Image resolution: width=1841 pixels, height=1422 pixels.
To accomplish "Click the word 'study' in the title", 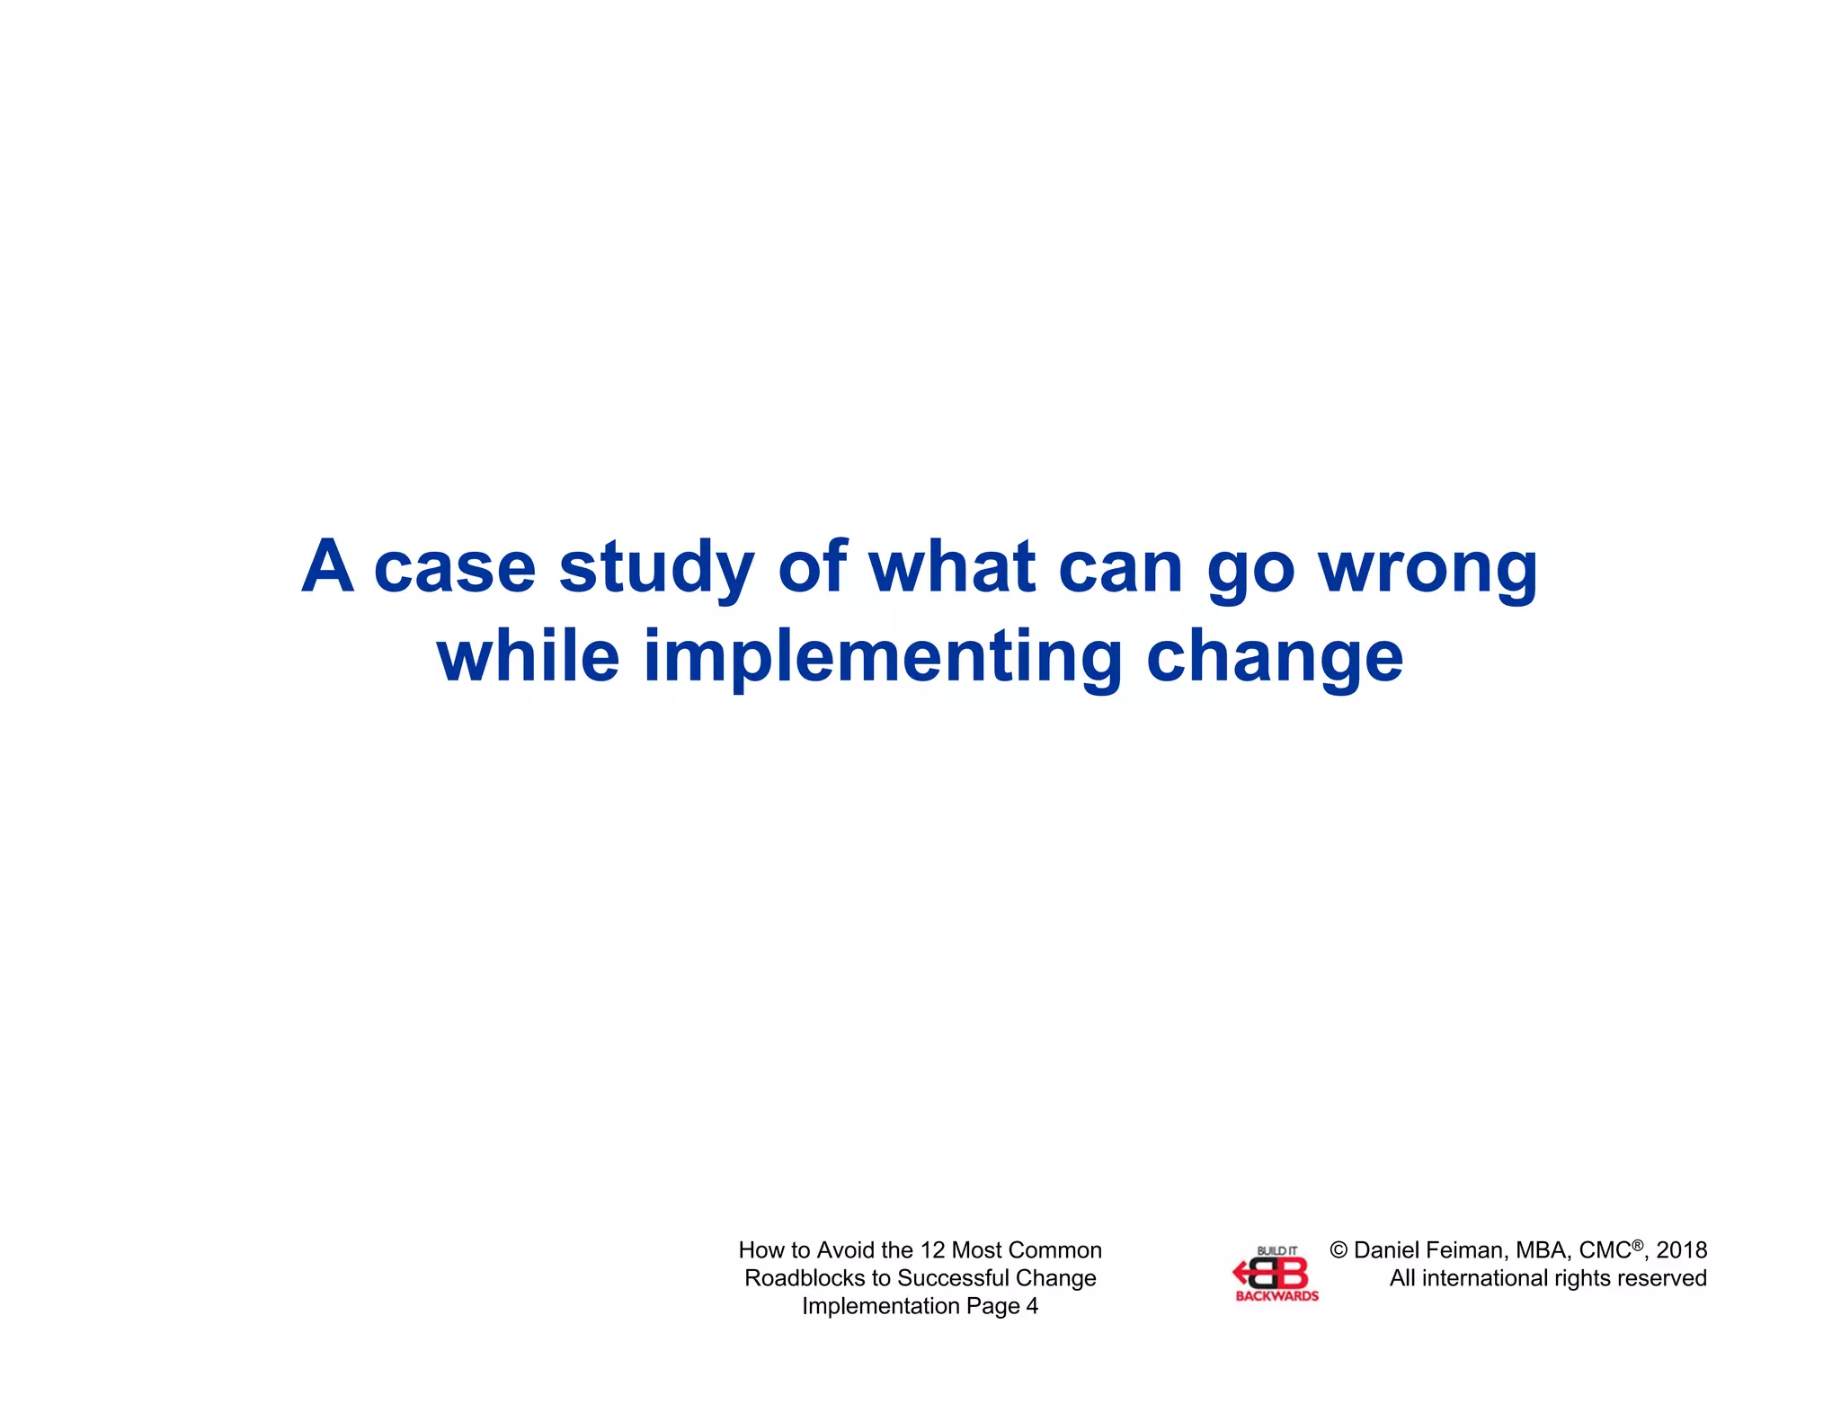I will click(656, 568).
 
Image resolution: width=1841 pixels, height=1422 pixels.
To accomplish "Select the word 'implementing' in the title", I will click(883, 658).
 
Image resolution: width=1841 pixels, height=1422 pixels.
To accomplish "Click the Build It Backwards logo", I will click(1276, 1273).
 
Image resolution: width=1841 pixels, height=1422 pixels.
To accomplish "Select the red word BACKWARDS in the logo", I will click(1276, 1296).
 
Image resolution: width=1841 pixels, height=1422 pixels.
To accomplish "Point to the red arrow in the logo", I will click(1243, 1272).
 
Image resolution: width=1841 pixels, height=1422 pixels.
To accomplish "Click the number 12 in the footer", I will click(933, 1250).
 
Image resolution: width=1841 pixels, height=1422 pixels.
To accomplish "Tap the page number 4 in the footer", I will click(1032, 1306).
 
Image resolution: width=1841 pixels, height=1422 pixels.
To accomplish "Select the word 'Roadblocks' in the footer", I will click(805, 1278).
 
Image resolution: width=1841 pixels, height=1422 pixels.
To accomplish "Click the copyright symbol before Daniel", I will click(1339, 1250).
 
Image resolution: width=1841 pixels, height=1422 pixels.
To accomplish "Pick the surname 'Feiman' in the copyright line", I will click(1463, 1250).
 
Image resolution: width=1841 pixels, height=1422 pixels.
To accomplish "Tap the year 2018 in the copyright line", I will click(1681, 1250).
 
